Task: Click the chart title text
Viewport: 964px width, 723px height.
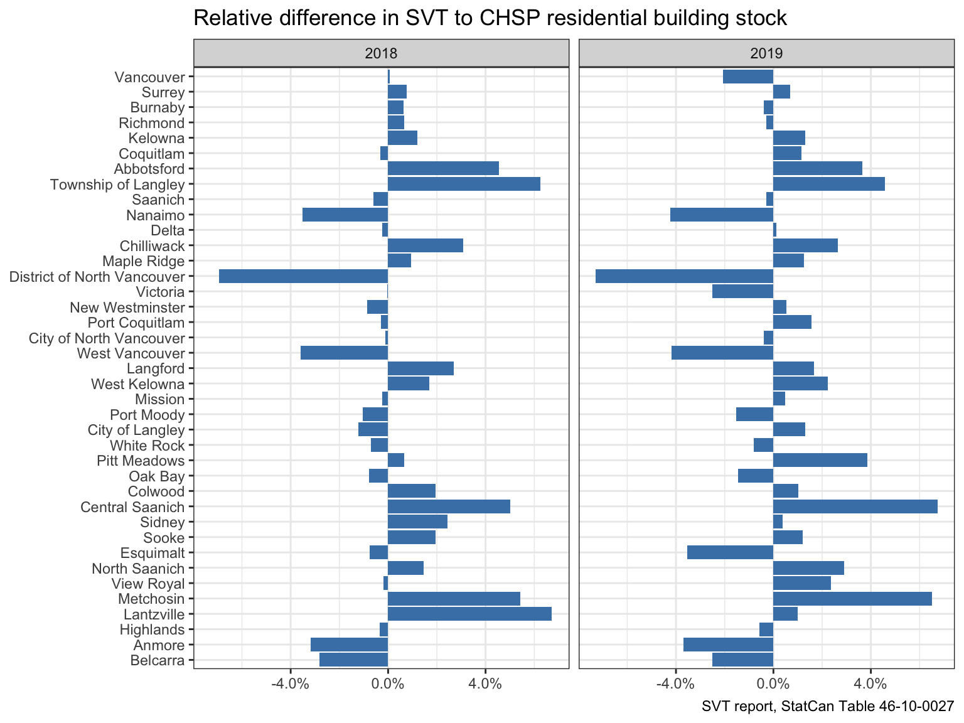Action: [x=490, y=18]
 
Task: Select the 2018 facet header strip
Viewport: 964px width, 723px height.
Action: [x=381, y=53]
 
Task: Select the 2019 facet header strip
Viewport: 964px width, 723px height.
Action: [x=766, y=53]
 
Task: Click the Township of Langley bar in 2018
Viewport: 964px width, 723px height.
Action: [x=464, y=184]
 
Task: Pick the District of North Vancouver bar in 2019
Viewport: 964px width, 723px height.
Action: [x=684, y=276]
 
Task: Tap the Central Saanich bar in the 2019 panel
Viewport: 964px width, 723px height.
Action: [x=855, y=506]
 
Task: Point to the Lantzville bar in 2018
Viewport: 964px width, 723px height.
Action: [x=469, y=614]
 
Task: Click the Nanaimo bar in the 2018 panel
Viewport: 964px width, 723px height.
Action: [x=345, y=215]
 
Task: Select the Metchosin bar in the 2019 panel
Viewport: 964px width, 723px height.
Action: [x=852, y=599]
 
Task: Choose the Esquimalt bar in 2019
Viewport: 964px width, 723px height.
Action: [x=730, y=552]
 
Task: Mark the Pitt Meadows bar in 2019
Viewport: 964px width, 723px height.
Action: [x=820, y=460]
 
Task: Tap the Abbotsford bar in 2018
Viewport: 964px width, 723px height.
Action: [x=443, y=168]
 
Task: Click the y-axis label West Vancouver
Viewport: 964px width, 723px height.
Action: [x=131, y=353]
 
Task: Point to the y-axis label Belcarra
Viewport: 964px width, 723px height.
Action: [x=158, y=660]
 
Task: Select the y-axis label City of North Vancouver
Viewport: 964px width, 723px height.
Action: [x=107, y=338]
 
